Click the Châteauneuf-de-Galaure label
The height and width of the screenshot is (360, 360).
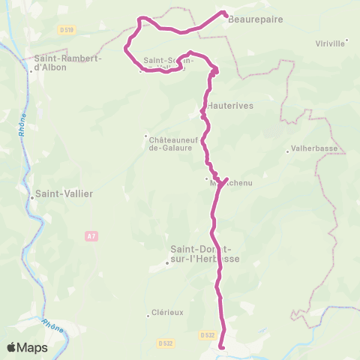coord(172,143)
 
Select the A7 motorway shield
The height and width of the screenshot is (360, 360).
coord(91,236)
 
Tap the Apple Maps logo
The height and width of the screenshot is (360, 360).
coord(28,347)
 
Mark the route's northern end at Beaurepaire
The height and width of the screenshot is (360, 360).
coord(224,13)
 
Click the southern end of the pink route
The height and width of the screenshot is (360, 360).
coord(222,346)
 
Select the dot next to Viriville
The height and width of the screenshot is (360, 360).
coord(346,42)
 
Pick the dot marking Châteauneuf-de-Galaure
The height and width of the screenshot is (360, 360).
coord(146,136)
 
